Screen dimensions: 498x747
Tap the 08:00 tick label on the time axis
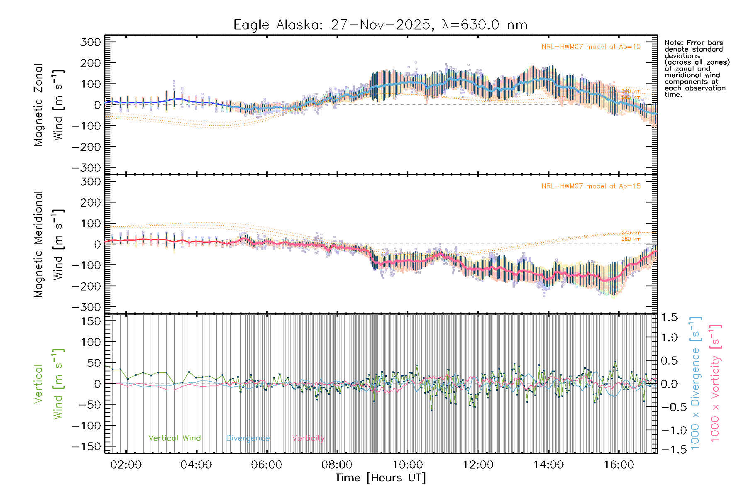pos(337,465)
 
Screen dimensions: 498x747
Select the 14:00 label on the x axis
pos(548,465)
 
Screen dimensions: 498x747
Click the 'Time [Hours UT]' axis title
pos(381,478)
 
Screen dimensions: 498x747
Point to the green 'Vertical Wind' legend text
pos(174,438)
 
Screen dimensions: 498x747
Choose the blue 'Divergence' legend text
pos(248,438)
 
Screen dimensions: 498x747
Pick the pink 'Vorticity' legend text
pos(308,438)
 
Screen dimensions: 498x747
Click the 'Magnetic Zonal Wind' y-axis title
pos(49,105)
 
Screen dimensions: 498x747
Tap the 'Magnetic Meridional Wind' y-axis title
pos(49,244)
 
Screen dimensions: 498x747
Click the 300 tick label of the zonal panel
pos(90,42)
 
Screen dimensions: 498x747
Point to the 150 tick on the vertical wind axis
pos(90,322)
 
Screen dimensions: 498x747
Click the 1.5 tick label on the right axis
pos(669,318)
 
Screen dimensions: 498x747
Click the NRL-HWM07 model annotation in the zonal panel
pos(591,47)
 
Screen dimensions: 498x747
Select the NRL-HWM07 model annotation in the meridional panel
pos(591,186)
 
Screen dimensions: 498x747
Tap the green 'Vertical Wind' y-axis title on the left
pos(49,383)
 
